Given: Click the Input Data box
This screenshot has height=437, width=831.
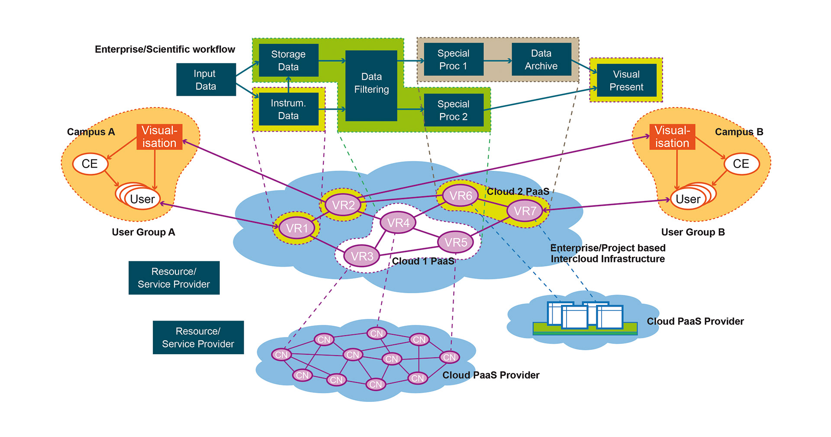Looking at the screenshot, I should [206, 80].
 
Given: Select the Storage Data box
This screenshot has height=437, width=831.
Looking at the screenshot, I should [288, 60].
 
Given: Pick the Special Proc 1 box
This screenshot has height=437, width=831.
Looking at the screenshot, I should [453, 59].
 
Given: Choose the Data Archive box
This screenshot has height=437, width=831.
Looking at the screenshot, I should [541, 59].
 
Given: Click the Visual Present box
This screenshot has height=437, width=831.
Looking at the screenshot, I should [626, 81].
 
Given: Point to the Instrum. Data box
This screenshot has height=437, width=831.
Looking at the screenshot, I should [288, 109].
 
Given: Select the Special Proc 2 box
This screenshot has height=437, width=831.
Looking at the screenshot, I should [453, 110].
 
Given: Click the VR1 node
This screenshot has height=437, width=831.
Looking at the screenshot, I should [297, 228].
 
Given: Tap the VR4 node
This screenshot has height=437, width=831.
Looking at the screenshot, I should [398, 223].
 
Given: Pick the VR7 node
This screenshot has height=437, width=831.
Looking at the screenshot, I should [525, 211].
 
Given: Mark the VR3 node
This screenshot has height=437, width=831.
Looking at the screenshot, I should [362, 256].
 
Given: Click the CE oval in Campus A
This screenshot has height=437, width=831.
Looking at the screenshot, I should [90, 164].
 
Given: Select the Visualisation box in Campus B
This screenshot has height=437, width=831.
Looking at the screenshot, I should [672, 137].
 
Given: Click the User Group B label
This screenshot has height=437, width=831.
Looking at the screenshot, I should [692, 232].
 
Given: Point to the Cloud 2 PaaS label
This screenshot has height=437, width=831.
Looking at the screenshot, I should [518, 191].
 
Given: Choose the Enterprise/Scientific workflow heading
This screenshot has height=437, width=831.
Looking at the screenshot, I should [165, 49].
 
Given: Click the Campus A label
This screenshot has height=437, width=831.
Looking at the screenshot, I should [91, 132].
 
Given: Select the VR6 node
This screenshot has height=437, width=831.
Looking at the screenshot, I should [461, 196].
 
